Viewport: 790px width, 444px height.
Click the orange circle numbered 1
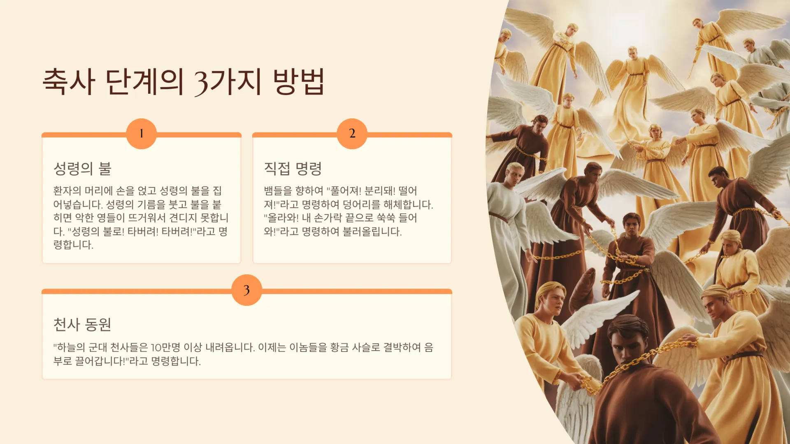[142, 134]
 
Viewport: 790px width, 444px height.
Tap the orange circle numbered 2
[352, 134]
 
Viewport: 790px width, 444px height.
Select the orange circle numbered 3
[247, 290]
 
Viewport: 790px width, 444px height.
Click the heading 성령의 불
[82, 169]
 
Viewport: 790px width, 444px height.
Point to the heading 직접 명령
[293, 169]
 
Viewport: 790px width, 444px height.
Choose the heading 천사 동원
[82, 325]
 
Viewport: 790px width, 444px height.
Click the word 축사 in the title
[69, 81]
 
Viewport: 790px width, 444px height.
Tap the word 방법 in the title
[299, 81]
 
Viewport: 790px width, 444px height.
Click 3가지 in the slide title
[228, 82]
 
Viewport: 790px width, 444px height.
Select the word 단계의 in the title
[144, 81]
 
